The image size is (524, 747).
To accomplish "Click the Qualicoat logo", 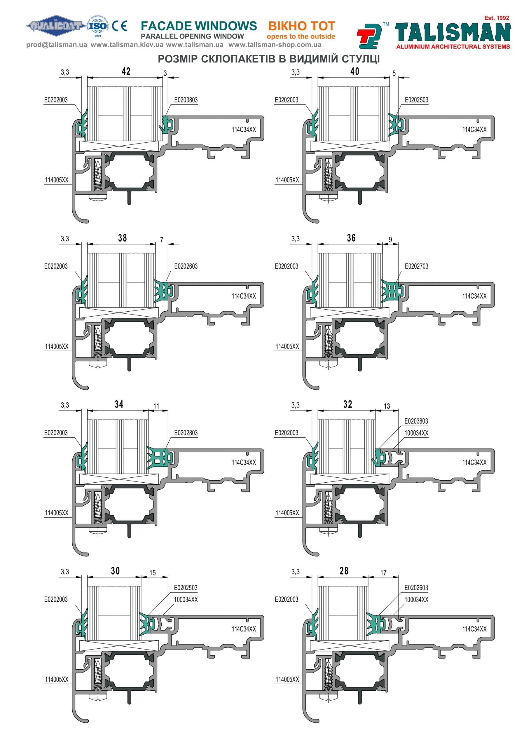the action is pos(56,25).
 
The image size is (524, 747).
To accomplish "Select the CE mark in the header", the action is pos(119,26).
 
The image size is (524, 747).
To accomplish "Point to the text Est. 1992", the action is pos(496,18).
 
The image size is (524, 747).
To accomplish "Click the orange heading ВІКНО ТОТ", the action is pos(301,26).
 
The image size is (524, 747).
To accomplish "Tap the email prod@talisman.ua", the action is pos(57,45).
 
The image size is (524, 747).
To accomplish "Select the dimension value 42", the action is pos(126,71).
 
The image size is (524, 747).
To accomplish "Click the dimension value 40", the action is pos(355,71).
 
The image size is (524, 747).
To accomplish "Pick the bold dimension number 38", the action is pos(122,238).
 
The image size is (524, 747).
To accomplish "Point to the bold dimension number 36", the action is pos(351,238).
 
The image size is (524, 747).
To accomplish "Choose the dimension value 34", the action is pos(119,404).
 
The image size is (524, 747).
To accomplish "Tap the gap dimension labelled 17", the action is pos(383,573).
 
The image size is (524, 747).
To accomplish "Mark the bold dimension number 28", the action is pos(344,571).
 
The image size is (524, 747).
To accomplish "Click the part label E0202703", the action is pos(416,266).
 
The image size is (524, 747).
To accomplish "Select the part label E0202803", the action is pos(186,433).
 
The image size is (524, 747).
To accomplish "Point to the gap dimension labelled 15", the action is pos(153,573).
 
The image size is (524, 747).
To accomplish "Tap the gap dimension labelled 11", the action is pos(156,406).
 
